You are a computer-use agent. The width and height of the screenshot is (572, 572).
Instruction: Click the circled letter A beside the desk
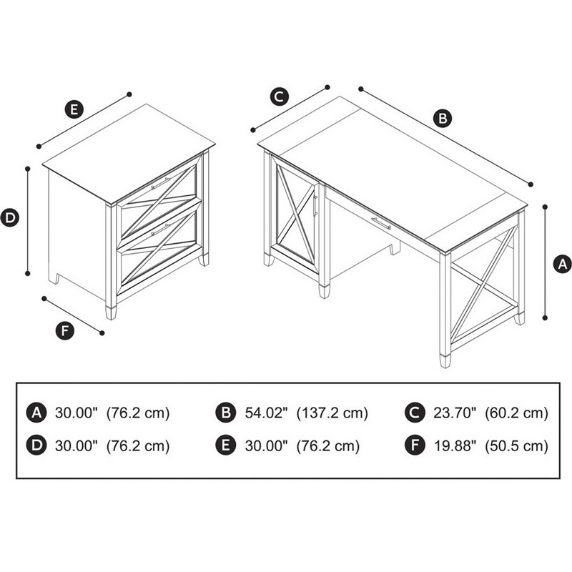pyautogui.click(x=563, y=263)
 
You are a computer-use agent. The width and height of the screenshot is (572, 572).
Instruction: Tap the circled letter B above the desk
pyautogui.click(x=443, y=118)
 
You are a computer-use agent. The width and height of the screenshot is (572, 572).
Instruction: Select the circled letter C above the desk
pyautogui.click(x=280, y=96)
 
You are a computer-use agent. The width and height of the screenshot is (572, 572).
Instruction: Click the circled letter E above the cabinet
pyautogui.click(x=73, y=109)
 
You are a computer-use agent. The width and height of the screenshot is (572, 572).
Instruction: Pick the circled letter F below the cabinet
pyautogui.click(x=65, y=330)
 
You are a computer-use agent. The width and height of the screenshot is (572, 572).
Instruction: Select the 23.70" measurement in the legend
pyautogui.click(x=455, y=413)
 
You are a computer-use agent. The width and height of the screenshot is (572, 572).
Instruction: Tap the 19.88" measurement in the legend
pyautogui.click(x=455, y=446)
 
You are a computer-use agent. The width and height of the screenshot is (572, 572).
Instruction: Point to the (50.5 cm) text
pyautogui.click(x=517, y=446)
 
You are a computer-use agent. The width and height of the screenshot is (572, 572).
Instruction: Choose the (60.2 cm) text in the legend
pyautogui.click(x=517, y=413)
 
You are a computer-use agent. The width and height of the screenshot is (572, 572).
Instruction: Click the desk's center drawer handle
pyautogui.click(x=380, y=223)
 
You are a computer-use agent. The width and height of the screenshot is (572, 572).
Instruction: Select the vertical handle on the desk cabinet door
pyautogui.click(x=315, y=203)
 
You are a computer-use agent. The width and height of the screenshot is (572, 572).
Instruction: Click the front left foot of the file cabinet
pyautogui.click(x=111, y=312)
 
